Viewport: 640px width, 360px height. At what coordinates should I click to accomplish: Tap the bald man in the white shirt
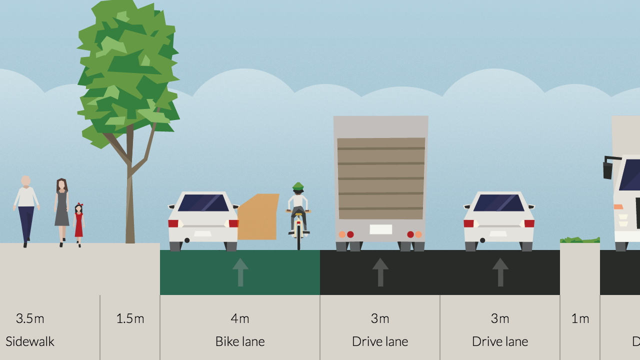[26, 207]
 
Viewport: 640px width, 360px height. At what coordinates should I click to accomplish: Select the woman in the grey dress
[61, 207]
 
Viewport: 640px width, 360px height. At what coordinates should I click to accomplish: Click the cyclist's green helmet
[298, 187]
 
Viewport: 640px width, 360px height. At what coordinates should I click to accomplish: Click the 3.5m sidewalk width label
[30, 318]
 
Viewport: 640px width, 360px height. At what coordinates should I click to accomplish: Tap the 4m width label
[240, 318]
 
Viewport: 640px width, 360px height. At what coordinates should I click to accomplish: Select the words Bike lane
[240, 341]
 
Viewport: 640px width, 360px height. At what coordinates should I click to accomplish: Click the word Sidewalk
[30, 341]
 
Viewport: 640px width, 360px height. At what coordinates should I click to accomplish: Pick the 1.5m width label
[130, 318]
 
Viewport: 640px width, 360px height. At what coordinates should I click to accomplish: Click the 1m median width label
[580, 318]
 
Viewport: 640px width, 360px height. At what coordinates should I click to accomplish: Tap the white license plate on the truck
[380, 229]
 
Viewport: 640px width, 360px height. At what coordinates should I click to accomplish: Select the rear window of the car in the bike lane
[203, 203]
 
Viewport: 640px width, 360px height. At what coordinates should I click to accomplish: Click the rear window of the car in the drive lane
[499, 203]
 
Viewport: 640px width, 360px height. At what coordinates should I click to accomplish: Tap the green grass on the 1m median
[580, 240]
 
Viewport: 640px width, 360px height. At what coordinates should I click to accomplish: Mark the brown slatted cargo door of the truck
[381, 178]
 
